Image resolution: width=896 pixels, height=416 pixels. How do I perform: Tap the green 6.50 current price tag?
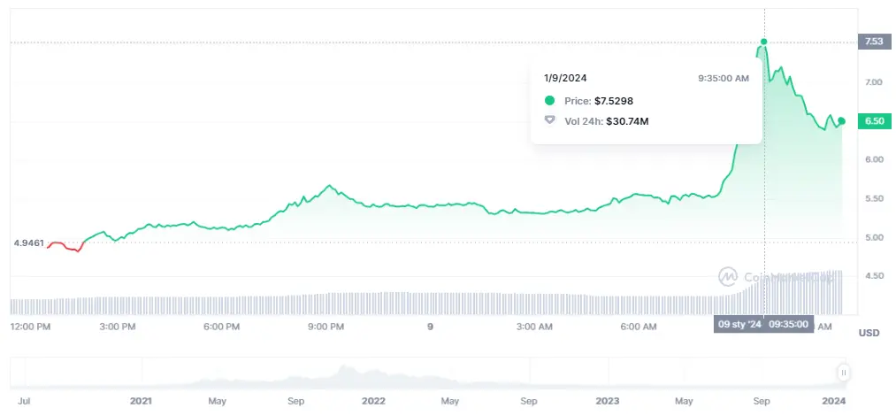(873, 121)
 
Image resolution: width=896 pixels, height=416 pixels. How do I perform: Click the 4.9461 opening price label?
(28, 243)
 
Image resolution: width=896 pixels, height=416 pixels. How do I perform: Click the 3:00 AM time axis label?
(533, 327)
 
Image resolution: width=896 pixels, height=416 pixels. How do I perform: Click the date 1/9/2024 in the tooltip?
(565, 78)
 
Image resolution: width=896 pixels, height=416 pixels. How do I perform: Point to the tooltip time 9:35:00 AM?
(723, 78)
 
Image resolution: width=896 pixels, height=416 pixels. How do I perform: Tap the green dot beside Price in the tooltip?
(549, 101)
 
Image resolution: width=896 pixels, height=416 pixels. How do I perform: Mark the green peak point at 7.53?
(763, 42)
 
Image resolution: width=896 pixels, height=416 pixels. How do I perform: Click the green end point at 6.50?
(842, 120)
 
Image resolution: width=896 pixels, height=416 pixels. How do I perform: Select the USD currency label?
(869, 332)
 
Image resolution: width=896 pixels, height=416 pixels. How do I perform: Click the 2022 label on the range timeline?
(373, 401)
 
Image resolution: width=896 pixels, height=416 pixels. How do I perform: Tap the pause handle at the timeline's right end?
(844, 374)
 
